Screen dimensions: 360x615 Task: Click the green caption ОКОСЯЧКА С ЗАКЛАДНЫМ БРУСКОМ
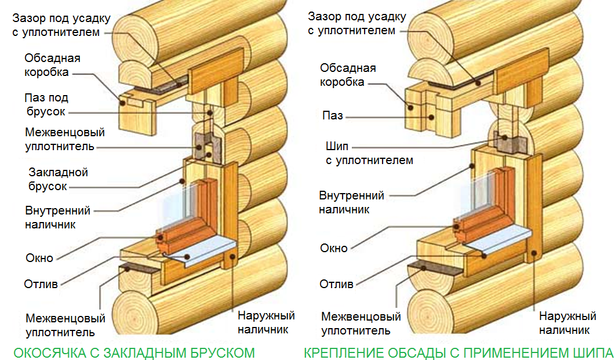tap(134, 352)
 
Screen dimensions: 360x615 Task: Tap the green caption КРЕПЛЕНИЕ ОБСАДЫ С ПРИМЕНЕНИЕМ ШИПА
tap(458, 352)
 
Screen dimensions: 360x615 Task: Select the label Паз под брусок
tap(46, 104)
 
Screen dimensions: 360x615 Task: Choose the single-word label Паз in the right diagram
tap(333, 116)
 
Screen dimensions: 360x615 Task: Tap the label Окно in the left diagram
tap(39, 258)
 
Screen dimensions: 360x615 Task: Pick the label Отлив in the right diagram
tap(336, 284)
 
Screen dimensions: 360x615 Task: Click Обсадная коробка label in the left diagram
tap(52, 65)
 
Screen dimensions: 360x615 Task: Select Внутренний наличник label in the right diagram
tap(351, 202)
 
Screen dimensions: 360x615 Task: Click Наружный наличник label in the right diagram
tap(567, 323)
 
